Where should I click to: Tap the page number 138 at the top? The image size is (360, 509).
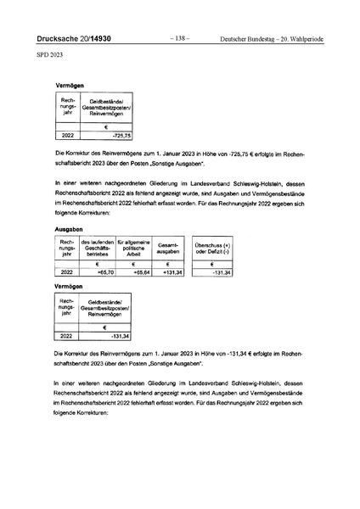pos(179,38)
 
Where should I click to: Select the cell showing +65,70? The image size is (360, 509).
pos(95,272)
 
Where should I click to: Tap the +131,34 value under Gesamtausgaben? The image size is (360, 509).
pos(170,272)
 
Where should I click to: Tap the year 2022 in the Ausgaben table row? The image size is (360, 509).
pos(65,272)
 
